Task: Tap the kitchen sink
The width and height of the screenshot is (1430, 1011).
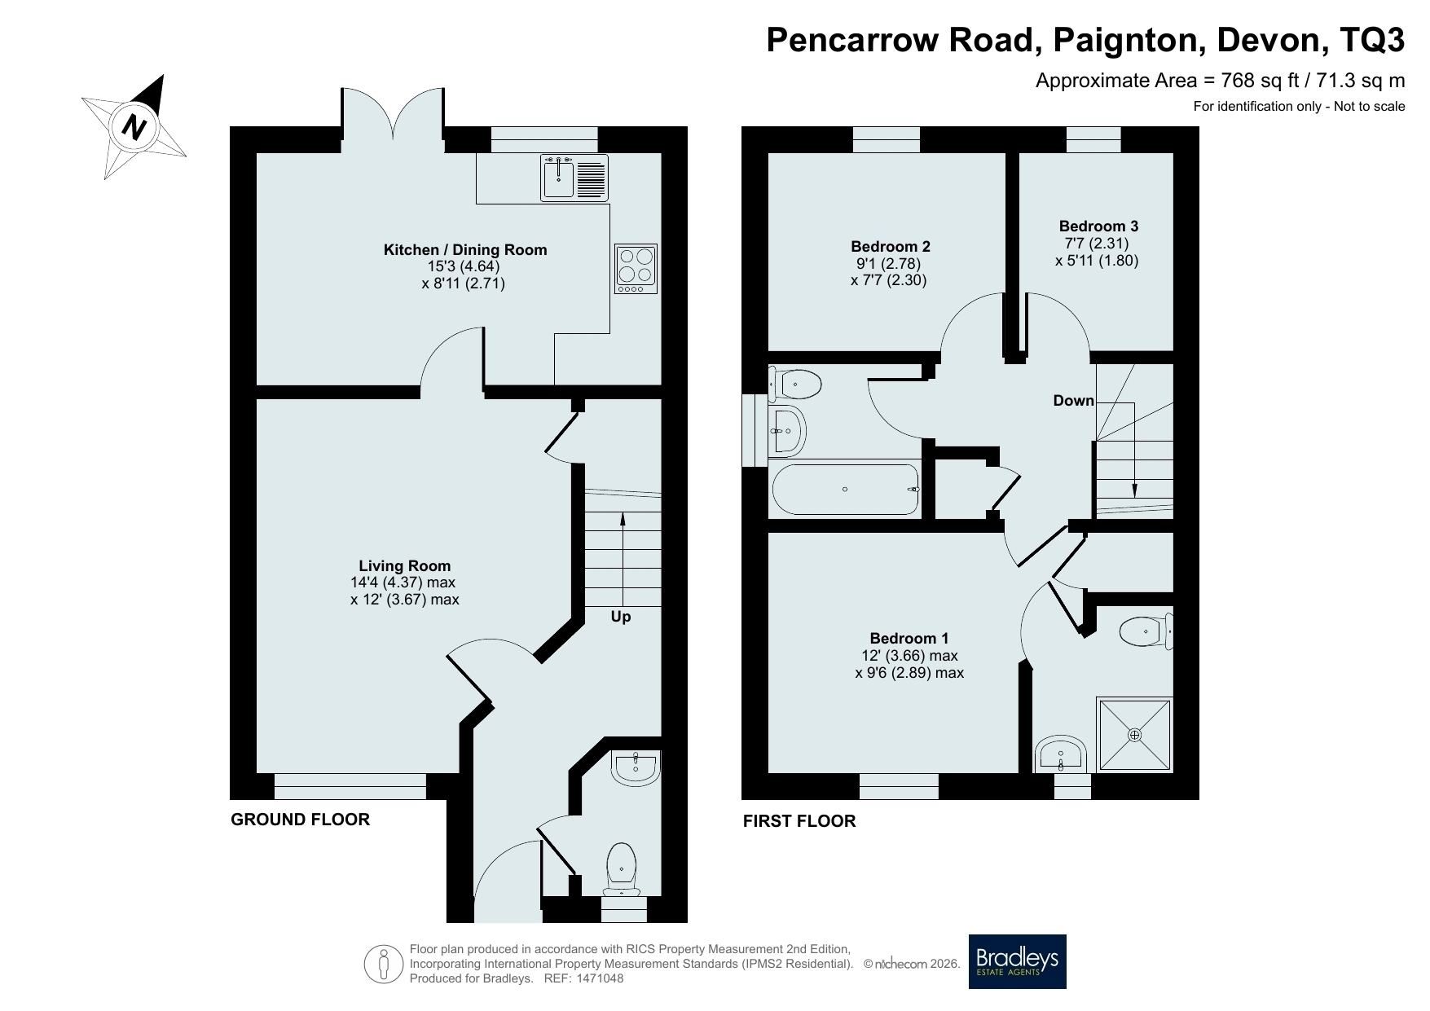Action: tap(574, 178)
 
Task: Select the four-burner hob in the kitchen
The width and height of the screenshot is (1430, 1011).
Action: tap(636, 269)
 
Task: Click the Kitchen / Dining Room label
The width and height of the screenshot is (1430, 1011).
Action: tap(465, 250)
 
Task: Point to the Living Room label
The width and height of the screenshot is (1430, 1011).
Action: tap(405, 566)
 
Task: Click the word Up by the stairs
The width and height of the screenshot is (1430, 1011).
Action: tap(621, 617)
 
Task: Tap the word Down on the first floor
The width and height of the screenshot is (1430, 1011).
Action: tap(1073, 400)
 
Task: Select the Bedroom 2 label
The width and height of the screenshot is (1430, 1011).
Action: tap(891, 246)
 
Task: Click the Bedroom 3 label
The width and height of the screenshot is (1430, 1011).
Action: tap(1098, 226)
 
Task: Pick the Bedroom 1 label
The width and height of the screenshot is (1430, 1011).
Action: tap(909, 639)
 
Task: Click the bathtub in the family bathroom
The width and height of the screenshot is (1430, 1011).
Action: tap(845, 490)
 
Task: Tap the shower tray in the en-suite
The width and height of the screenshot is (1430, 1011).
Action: tap(1135, 734)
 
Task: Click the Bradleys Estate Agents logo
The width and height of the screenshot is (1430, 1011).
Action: tap(1018, 961)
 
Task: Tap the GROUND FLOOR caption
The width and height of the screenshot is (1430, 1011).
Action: tap(301, 820)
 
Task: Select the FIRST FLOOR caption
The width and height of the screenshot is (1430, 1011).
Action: tap(799, 821)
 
